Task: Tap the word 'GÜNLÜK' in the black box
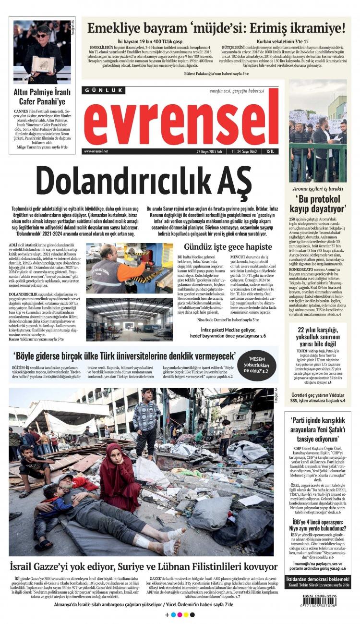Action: tap(104, 90)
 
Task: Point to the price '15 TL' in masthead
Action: tap(272, 151)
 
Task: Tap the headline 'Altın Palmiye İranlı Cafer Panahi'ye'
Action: tap(42, 97)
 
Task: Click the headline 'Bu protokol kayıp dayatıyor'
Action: tap(318, 203)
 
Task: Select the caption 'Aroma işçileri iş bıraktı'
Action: tap(318, 188)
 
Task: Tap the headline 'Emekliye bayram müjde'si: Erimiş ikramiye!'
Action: tap(216, 28)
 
